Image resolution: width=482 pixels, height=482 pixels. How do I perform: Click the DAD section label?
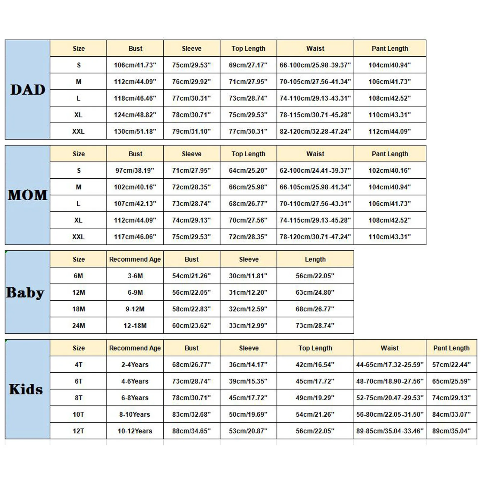pos(28,90)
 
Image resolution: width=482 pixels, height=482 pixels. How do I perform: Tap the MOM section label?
pos(28,195)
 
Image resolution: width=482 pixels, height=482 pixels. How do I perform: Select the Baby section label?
pos(25,293)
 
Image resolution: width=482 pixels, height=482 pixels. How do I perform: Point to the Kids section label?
pos(26,389)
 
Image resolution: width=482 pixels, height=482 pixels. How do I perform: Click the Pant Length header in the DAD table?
pos(390,49)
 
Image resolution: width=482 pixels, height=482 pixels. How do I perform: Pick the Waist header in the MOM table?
pos(315,154)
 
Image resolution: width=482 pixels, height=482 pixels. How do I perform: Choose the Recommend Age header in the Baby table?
pos(135,259)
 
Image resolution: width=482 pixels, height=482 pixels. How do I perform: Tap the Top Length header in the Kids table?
pos(315,348)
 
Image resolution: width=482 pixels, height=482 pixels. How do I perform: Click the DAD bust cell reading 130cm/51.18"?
pos(135,131)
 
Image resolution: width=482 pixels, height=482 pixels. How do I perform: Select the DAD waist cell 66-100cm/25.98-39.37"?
pos(315,65)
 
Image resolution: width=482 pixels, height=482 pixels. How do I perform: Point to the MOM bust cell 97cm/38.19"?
pos(135,171)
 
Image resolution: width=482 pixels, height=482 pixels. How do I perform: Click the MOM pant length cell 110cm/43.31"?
pos(390,237)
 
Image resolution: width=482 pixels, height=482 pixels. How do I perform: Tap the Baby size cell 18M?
pos(79,309)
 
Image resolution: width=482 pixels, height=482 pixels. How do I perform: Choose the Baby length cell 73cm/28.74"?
pos(315,326)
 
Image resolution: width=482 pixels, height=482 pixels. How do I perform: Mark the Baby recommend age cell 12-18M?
pos(135,326)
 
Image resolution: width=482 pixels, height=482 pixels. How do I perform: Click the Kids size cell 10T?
pos(79,415)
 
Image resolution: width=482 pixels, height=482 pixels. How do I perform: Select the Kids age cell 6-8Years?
pos(135,398)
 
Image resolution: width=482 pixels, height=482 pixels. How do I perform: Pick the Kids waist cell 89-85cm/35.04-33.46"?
pos(390,431)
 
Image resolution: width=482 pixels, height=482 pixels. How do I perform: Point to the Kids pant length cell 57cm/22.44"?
pos(451,365)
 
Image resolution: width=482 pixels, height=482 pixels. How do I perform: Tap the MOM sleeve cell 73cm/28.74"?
pos(191,204)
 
